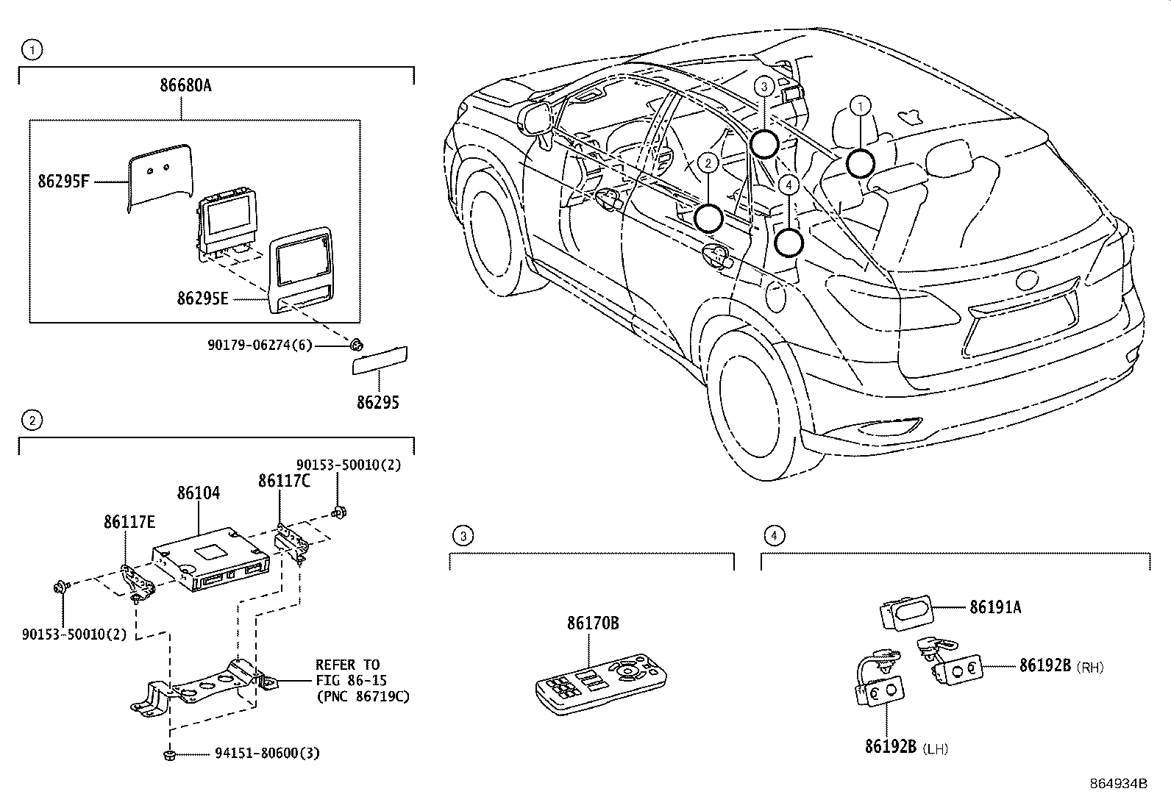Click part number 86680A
[185, 85]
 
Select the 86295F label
[63, 181]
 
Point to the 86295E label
[202, 298]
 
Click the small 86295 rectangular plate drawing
[380, 361]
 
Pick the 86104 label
[198, 493]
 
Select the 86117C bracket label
[283, 481]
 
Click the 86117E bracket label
[129, 522]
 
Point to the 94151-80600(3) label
[267, 754]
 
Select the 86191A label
[994, 607]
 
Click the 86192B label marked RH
[1044, 666]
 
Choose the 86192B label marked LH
[890, 748]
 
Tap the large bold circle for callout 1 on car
[859, 163]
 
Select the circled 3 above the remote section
[462, 536]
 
